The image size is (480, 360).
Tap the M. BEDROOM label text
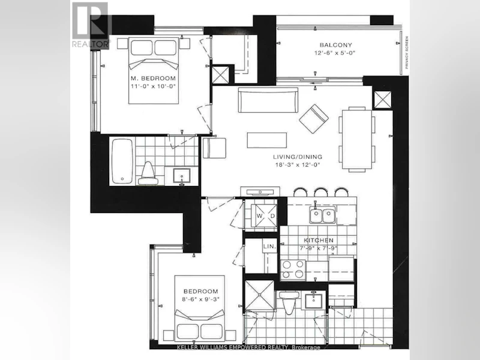tap(153, 78)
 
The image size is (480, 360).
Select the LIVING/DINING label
tap(298, 157)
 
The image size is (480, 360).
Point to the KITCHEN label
tap(319, 241)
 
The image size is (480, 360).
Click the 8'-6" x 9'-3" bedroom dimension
tap(202, 299)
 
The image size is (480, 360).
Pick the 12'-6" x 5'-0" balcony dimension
tap(335, 53)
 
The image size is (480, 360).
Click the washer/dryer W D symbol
tap(264, 216)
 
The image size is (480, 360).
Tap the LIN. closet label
tap(269, 246)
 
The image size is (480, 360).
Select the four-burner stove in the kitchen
tap(293, 269)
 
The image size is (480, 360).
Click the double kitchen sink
tap(323, 215)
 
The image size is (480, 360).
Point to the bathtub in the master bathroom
tap(122, 161)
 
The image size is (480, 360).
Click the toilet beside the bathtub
tap(148, 173)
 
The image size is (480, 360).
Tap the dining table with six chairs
tap(356, 139)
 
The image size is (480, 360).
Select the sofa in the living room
tap(268, 100)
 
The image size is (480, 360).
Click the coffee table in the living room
tap(267, 140)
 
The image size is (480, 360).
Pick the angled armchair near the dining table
tap(314, 119)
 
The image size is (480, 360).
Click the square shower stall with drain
tap(259, 295)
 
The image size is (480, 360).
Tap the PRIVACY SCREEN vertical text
tap(407, 53)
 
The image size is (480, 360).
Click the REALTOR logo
tap(91, 25)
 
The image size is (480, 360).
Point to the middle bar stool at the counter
tap(321, 192)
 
